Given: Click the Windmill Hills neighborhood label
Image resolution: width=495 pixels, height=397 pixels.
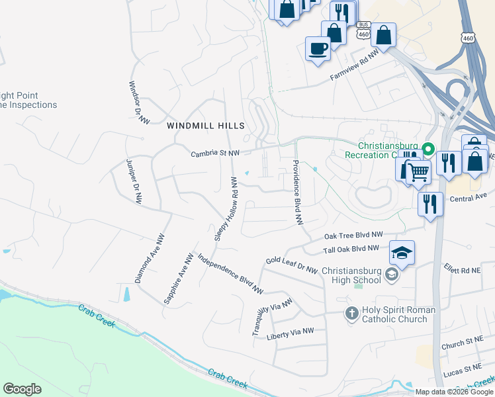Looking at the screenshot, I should [206, 125].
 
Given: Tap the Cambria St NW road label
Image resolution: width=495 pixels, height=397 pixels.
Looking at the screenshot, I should [215, 153].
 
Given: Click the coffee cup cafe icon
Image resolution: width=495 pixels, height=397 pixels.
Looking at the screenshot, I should [318, 49].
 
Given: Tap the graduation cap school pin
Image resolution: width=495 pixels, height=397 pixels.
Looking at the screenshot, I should [402, 253].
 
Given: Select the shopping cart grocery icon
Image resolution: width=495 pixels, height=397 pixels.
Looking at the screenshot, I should [418, 173].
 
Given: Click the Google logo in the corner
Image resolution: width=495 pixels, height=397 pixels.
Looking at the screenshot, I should [22, 389].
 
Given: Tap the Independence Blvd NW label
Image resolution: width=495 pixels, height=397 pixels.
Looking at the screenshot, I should [230, 273].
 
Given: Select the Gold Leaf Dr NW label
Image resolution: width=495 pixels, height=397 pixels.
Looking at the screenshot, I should [292, 265].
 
